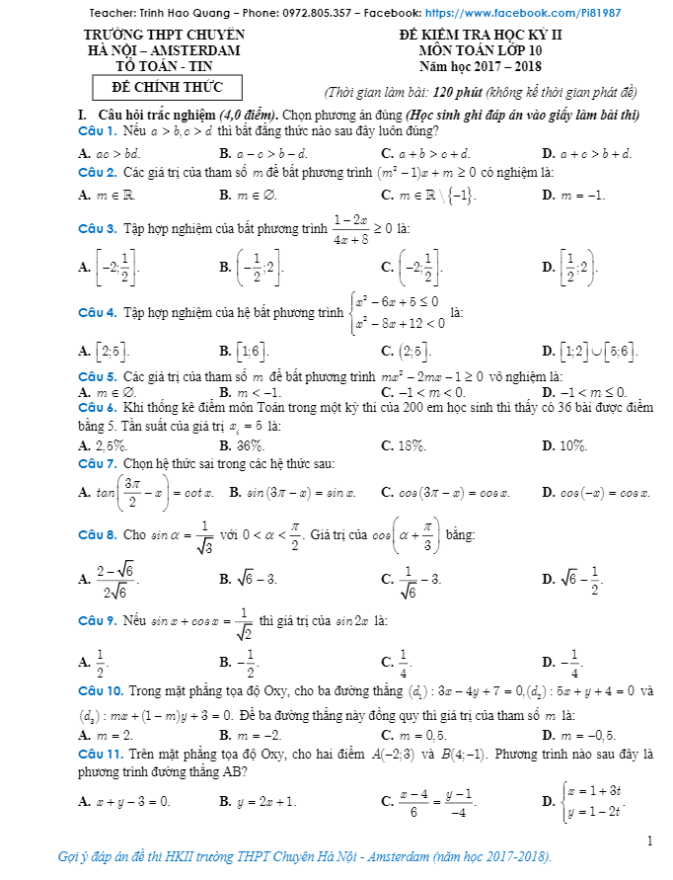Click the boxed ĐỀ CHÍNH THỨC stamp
click(x=167, y=88)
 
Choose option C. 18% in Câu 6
click(x=404, y=445)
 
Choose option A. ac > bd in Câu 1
click(x=110, y=154)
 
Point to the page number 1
click(x=650, y=840)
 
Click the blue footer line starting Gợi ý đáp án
click(x=305, y=856)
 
